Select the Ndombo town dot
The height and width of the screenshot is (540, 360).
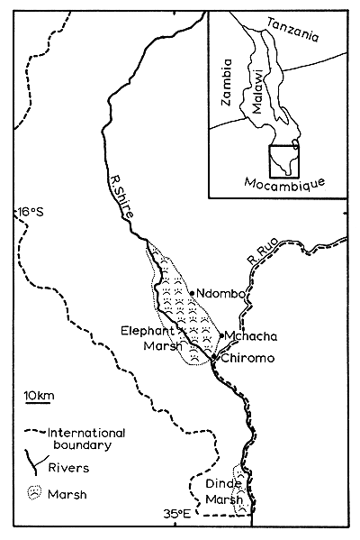point(192,292)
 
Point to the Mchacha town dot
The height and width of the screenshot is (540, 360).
point(221,335)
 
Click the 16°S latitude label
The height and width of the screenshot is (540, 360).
point(30,213)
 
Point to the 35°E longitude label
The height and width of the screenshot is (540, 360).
point(177,514)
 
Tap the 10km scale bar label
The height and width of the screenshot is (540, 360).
point(40,396)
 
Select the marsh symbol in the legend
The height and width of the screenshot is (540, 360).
point(32,492)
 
